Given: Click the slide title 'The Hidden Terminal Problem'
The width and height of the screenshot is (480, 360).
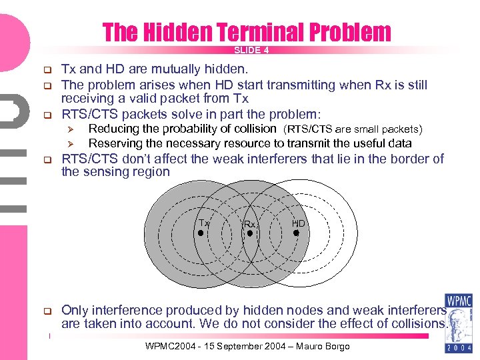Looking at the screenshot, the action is point(247,31).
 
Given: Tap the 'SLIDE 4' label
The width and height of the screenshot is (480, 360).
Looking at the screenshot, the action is point(251,50).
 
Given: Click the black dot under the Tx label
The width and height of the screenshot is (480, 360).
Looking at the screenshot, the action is point(200,233).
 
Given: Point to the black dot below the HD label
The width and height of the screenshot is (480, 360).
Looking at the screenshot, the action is point(296,233).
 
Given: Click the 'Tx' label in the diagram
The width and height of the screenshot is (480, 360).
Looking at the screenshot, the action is point(203,223).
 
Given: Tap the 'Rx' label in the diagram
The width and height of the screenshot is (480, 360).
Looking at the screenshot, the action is point(249,225).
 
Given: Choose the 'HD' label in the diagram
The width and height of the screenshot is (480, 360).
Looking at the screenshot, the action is point(298,223).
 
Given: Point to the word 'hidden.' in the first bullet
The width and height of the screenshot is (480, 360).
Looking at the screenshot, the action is point(227,69).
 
